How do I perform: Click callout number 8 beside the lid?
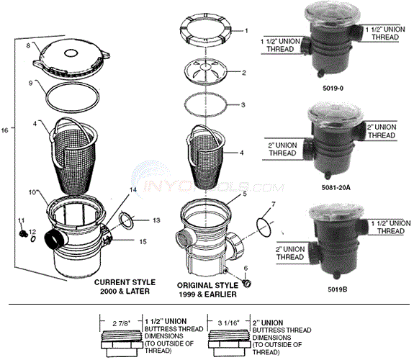(x=28, y=45)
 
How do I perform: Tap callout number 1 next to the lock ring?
(x=246, y=31)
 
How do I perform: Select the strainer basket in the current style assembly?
(x=76, y=155)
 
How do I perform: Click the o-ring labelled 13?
(x=125, y=219)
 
